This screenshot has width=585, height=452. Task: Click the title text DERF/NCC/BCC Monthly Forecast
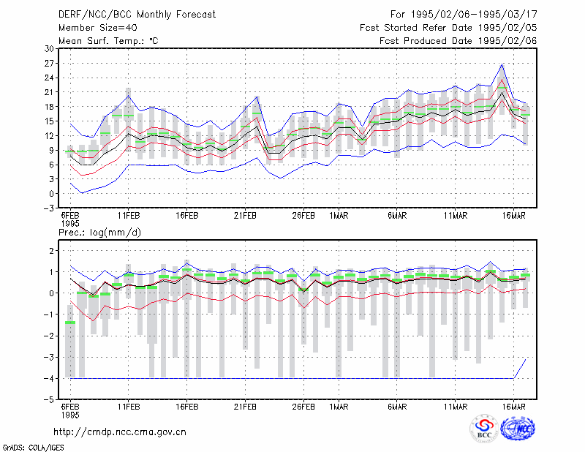pyautogui.click(x=137, y=15)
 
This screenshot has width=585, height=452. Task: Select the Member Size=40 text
pyautogui.click(x=98, y=28)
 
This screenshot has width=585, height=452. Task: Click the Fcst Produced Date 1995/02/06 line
pyautogui.click(x=458, y=41)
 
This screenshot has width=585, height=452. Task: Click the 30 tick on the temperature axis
pyautogui.click(x=49, y=48)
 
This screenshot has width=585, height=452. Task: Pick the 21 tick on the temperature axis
pyautogui.click(x=49, y=92)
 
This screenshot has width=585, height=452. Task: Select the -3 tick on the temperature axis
pyautogui.click(x=48, y=208)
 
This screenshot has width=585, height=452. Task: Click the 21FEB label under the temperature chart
pyautogui.click(x=245, y=215)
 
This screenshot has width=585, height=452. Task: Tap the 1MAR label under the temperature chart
pyautogui.click(x=339, y=215)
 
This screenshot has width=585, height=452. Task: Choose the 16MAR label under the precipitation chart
pyautogui.click(x=514, y=407)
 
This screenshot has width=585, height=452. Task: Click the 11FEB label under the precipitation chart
pyautogui.click(x=129, y=407)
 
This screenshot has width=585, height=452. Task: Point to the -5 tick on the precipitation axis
pyautogui.click(x=49, y=400)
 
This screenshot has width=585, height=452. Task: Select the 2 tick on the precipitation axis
pyautogui.click(x=51, y=251)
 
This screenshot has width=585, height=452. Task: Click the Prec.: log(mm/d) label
pyautogui.click(x=99, y=233)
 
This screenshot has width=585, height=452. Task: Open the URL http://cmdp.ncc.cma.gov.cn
pyautogui.click(x=120, y=432)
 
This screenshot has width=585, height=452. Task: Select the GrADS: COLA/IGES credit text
pyautogui.click(x=33, y=448)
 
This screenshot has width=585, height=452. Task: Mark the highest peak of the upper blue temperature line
pyautogui.click(x=502, y=64)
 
